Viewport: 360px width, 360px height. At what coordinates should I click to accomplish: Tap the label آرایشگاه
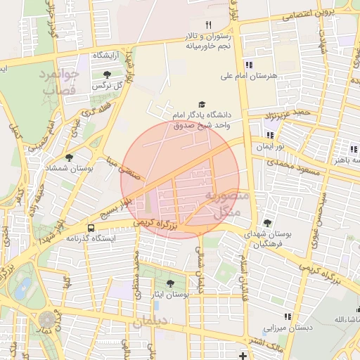[107, 55]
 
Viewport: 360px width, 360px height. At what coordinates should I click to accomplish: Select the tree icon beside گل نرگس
[107, 74]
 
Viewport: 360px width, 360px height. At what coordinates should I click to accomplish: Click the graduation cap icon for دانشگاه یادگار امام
[203, 104]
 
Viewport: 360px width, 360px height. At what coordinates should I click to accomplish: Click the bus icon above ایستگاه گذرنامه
[91, 228]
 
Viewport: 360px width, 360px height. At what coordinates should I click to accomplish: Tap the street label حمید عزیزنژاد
[286, 112]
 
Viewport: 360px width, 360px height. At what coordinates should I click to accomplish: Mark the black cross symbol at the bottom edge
[243, 356]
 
